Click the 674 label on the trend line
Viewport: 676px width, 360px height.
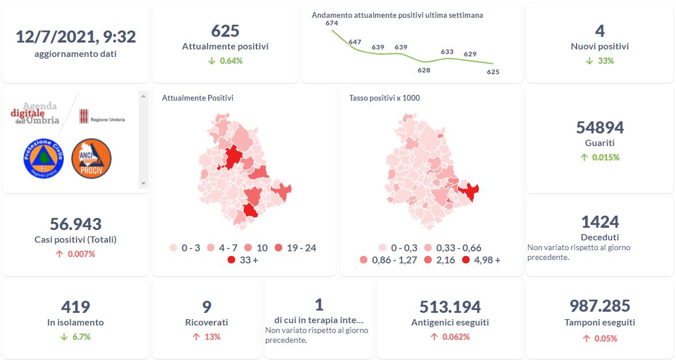click(332, 23)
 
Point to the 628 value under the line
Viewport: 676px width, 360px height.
click(424, 70)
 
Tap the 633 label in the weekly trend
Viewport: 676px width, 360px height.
click(447, 52)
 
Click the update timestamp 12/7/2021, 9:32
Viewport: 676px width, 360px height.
click(75, 37)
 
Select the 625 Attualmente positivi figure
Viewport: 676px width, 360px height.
click(225, 30)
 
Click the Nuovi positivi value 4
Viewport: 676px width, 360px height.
click(600, 30)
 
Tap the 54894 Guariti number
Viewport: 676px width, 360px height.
click(600, 127)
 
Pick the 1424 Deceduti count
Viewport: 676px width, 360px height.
click(600, 222)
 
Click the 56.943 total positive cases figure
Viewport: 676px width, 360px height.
click(75, 224)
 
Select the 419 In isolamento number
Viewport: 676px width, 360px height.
click(75, 307)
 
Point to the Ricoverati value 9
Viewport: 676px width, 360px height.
click(206, 307)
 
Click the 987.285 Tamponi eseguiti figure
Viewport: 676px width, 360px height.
click(600, 306)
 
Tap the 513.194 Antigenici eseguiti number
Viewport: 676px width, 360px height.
click(450, 307)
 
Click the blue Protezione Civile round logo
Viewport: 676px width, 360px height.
click(44, 159)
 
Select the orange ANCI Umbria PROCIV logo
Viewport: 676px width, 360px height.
click(91, 159)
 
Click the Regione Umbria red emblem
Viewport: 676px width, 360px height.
click(83, 115)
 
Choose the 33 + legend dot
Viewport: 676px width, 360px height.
click(231, 260)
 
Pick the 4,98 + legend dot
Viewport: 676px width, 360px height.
click(466, 260)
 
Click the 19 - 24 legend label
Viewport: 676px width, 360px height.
click(301, 248)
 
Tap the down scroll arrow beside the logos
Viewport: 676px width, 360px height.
click(143, 184)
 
